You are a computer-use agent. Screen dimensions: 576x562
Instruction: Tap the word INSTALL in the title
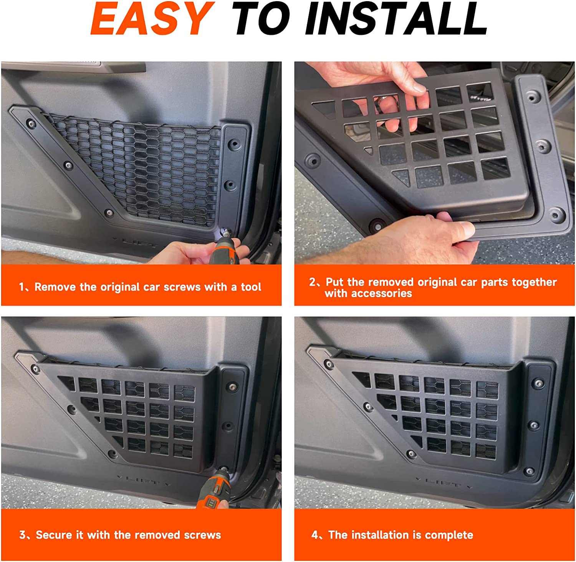point(396,18)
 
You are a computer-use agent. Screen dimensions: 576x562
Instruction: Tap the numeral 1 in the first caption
point(22,287)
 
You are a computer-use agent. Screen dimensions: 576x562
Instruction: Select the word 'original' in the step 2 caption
point(437,283)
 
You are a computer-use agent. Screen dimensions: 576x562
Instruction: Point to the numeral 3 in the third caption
point(23,535)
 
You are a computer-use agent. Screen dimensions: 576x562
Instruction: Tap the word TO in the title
point(262,18)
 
